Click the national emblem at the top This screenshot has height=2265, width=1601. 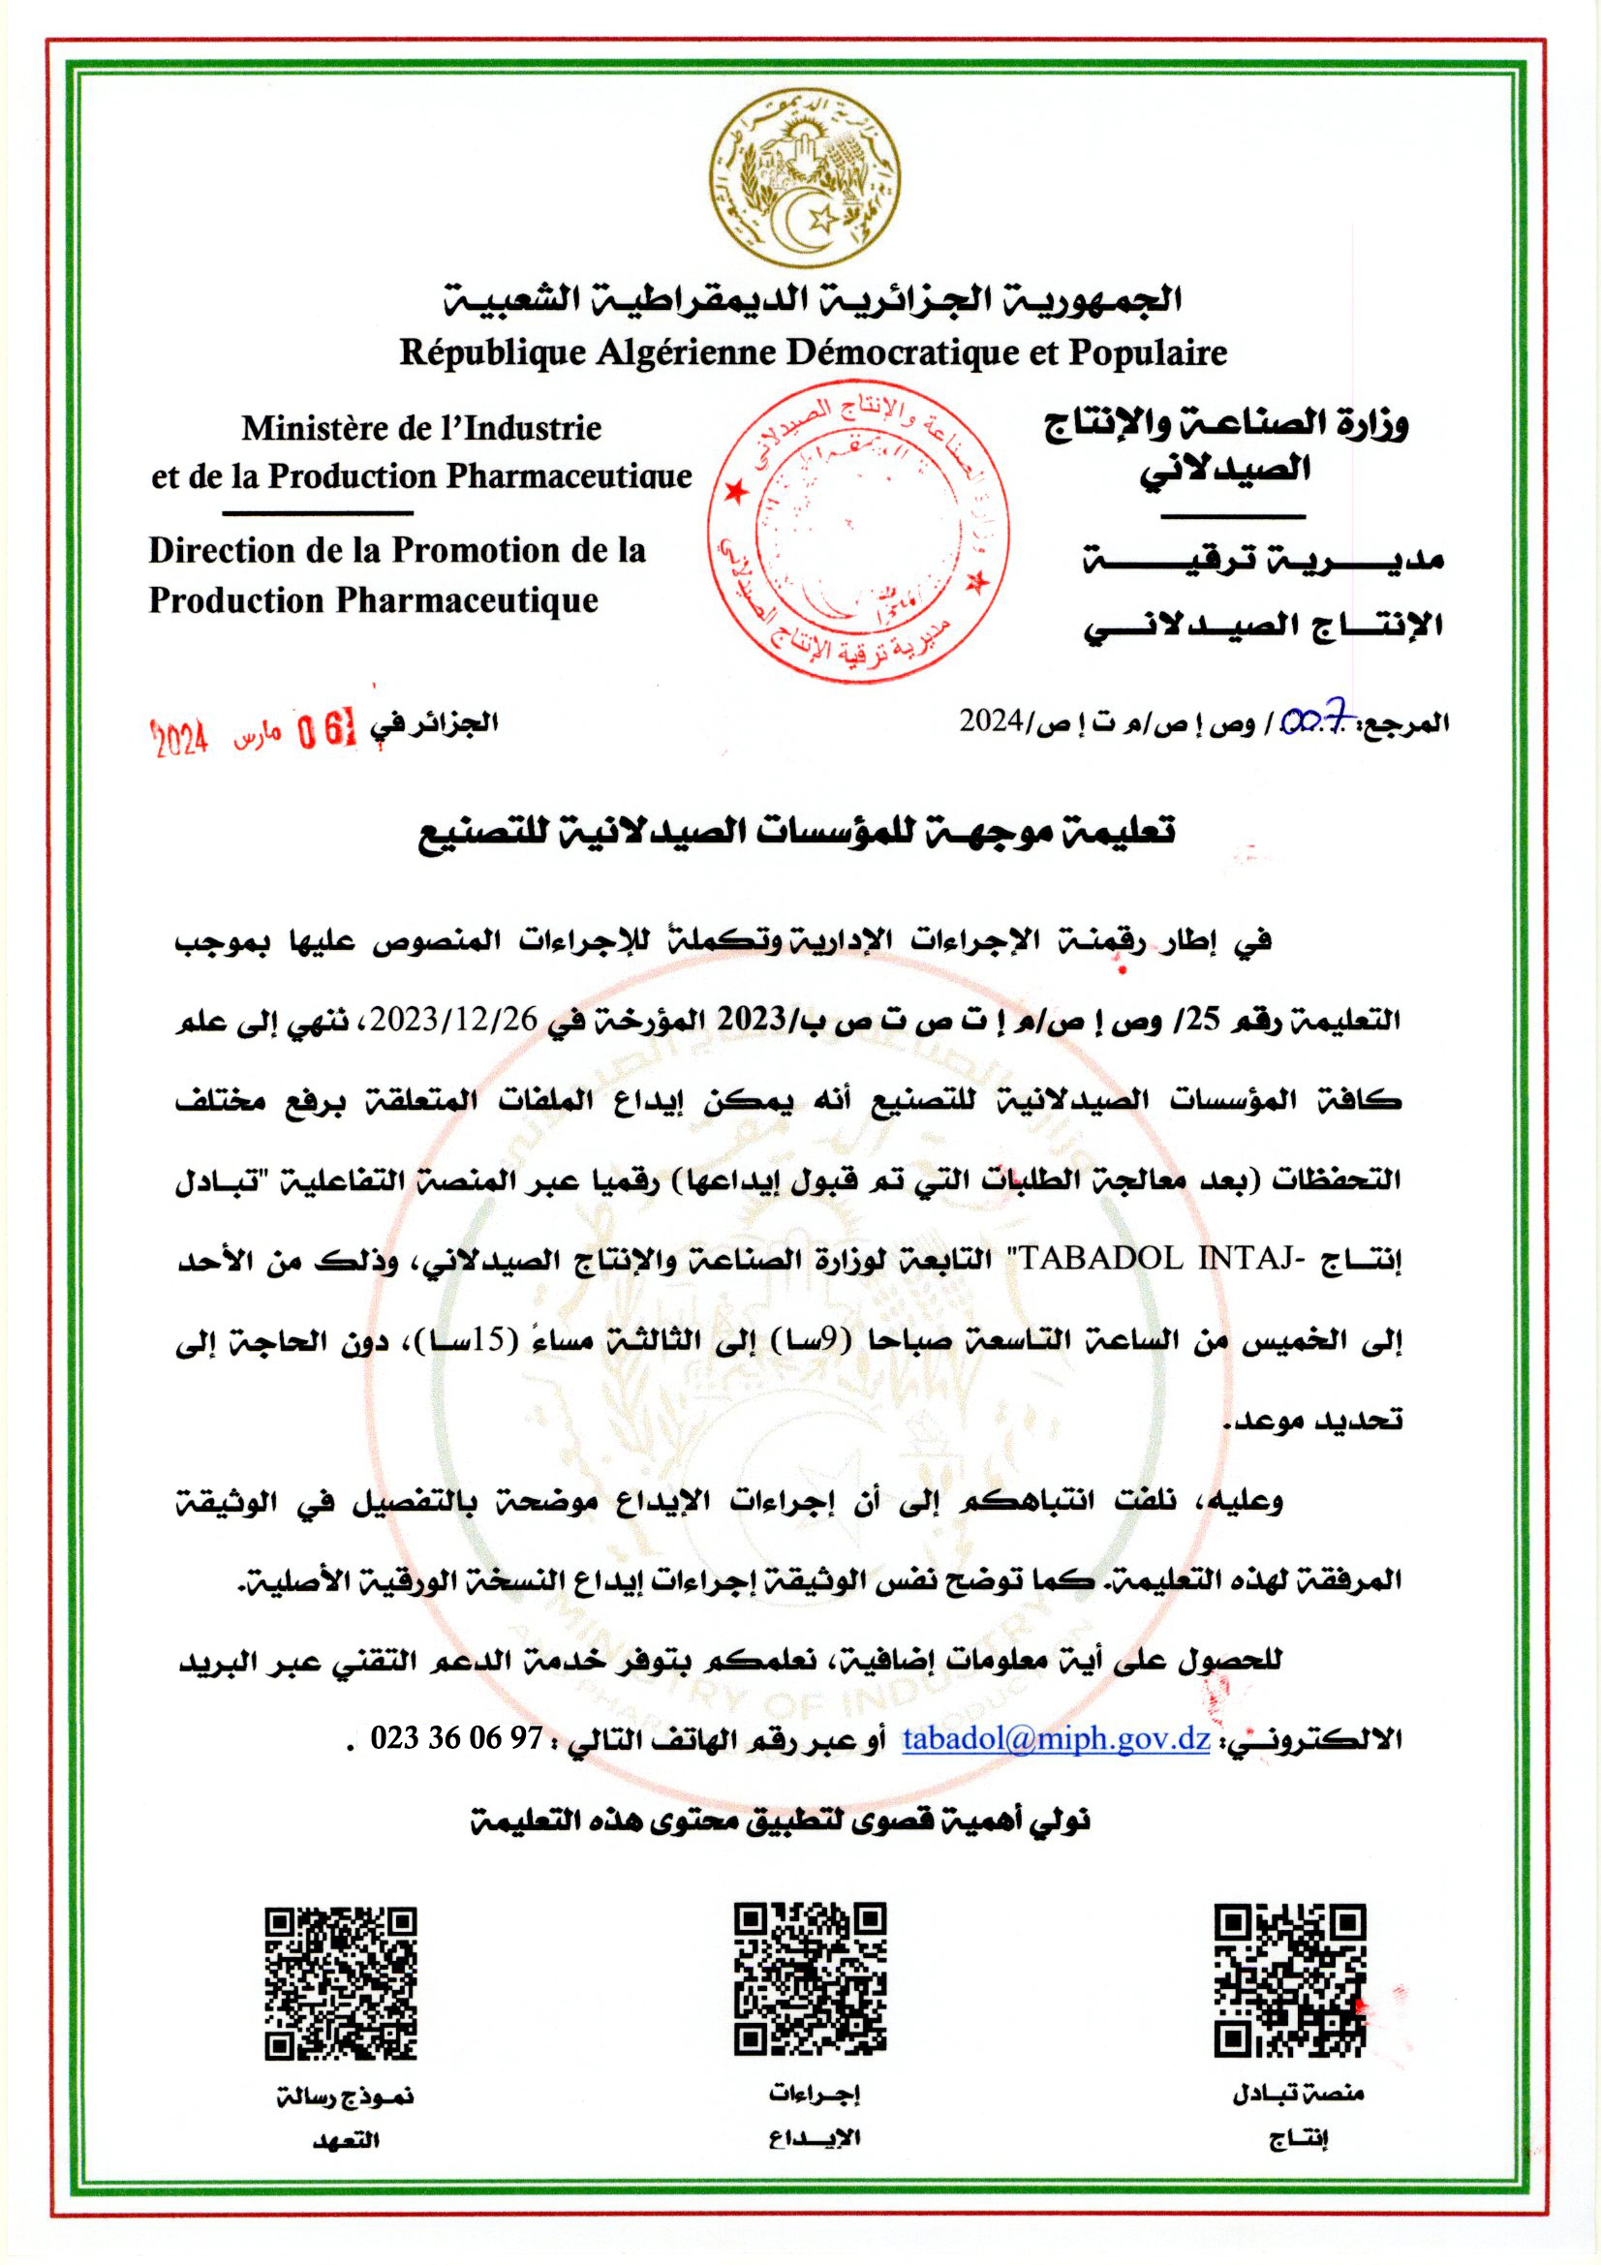click(x=805, y=177)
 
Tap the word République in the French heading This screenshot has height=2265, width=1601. click(x=493, y=353)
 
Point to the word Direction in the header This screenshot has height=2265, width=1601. click(x=222, y=550)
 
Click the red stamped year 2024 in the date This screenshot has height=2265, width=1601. click(x=179, y=737)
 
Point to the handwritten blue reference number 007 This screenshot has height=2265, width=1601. click(x=1318, y=722)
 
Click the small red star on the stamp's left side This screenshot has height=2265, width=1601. click(x=734, y=490)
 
